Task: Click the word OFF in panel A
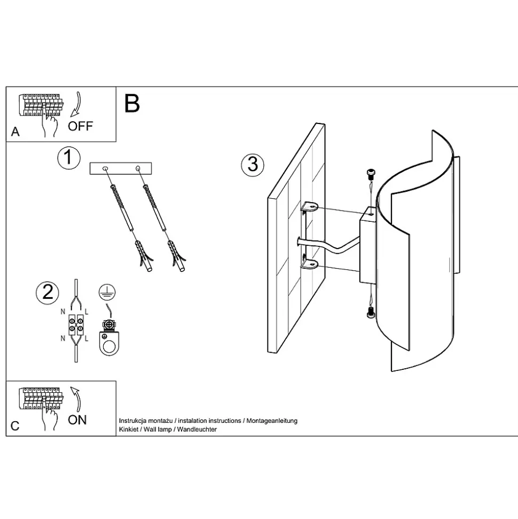(x=80, y=126)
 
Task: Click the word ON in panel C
(x=77, y=420)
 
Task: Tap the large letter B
(x=132, y=103)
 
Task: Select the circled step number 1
(x=68, y=158)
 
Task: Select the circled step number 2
(x=47, y=291)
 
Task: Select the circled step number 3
(x=252, y=164)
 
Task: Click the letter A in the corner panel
(x=15, y=132)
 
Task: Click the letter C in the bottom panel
(x=15, y=426)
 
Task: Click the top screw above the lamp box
(x=369, y=173)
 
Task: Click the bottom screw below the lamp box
(x=371, y=314)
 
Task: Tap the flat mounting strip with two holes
(x=122, y=169)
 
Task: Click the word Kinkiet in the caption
(x=128, y=430)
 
